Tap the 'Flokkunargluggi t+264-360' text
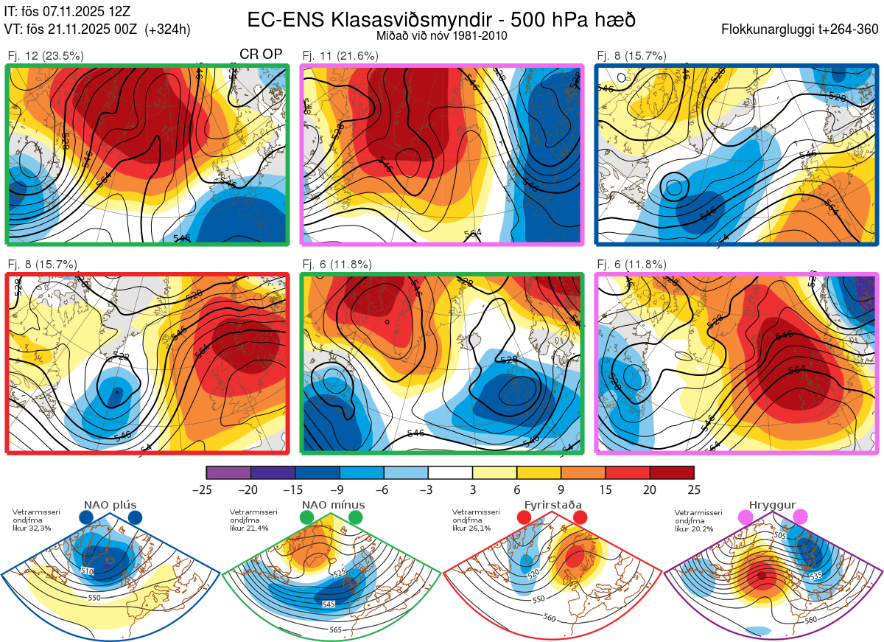tap(801, 29)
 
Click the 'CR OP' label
tap(262, 55)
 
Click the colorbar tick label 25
tap(693, 489)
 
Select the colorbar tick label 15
tap(605, 489)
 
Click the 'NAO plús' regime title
tap(110, 505)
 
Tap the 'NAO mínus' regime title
tap(333, 505)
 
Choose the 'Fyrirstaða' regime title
tap(552, 505)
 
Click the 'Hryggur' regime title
tap(773, 505)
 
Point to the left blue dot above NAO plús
tap(86, 518)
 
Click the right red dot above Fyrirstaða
tap(580, 518)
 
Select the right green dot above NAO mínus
tap(356, 518)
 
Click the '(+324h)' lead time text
tap(168, 29)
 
